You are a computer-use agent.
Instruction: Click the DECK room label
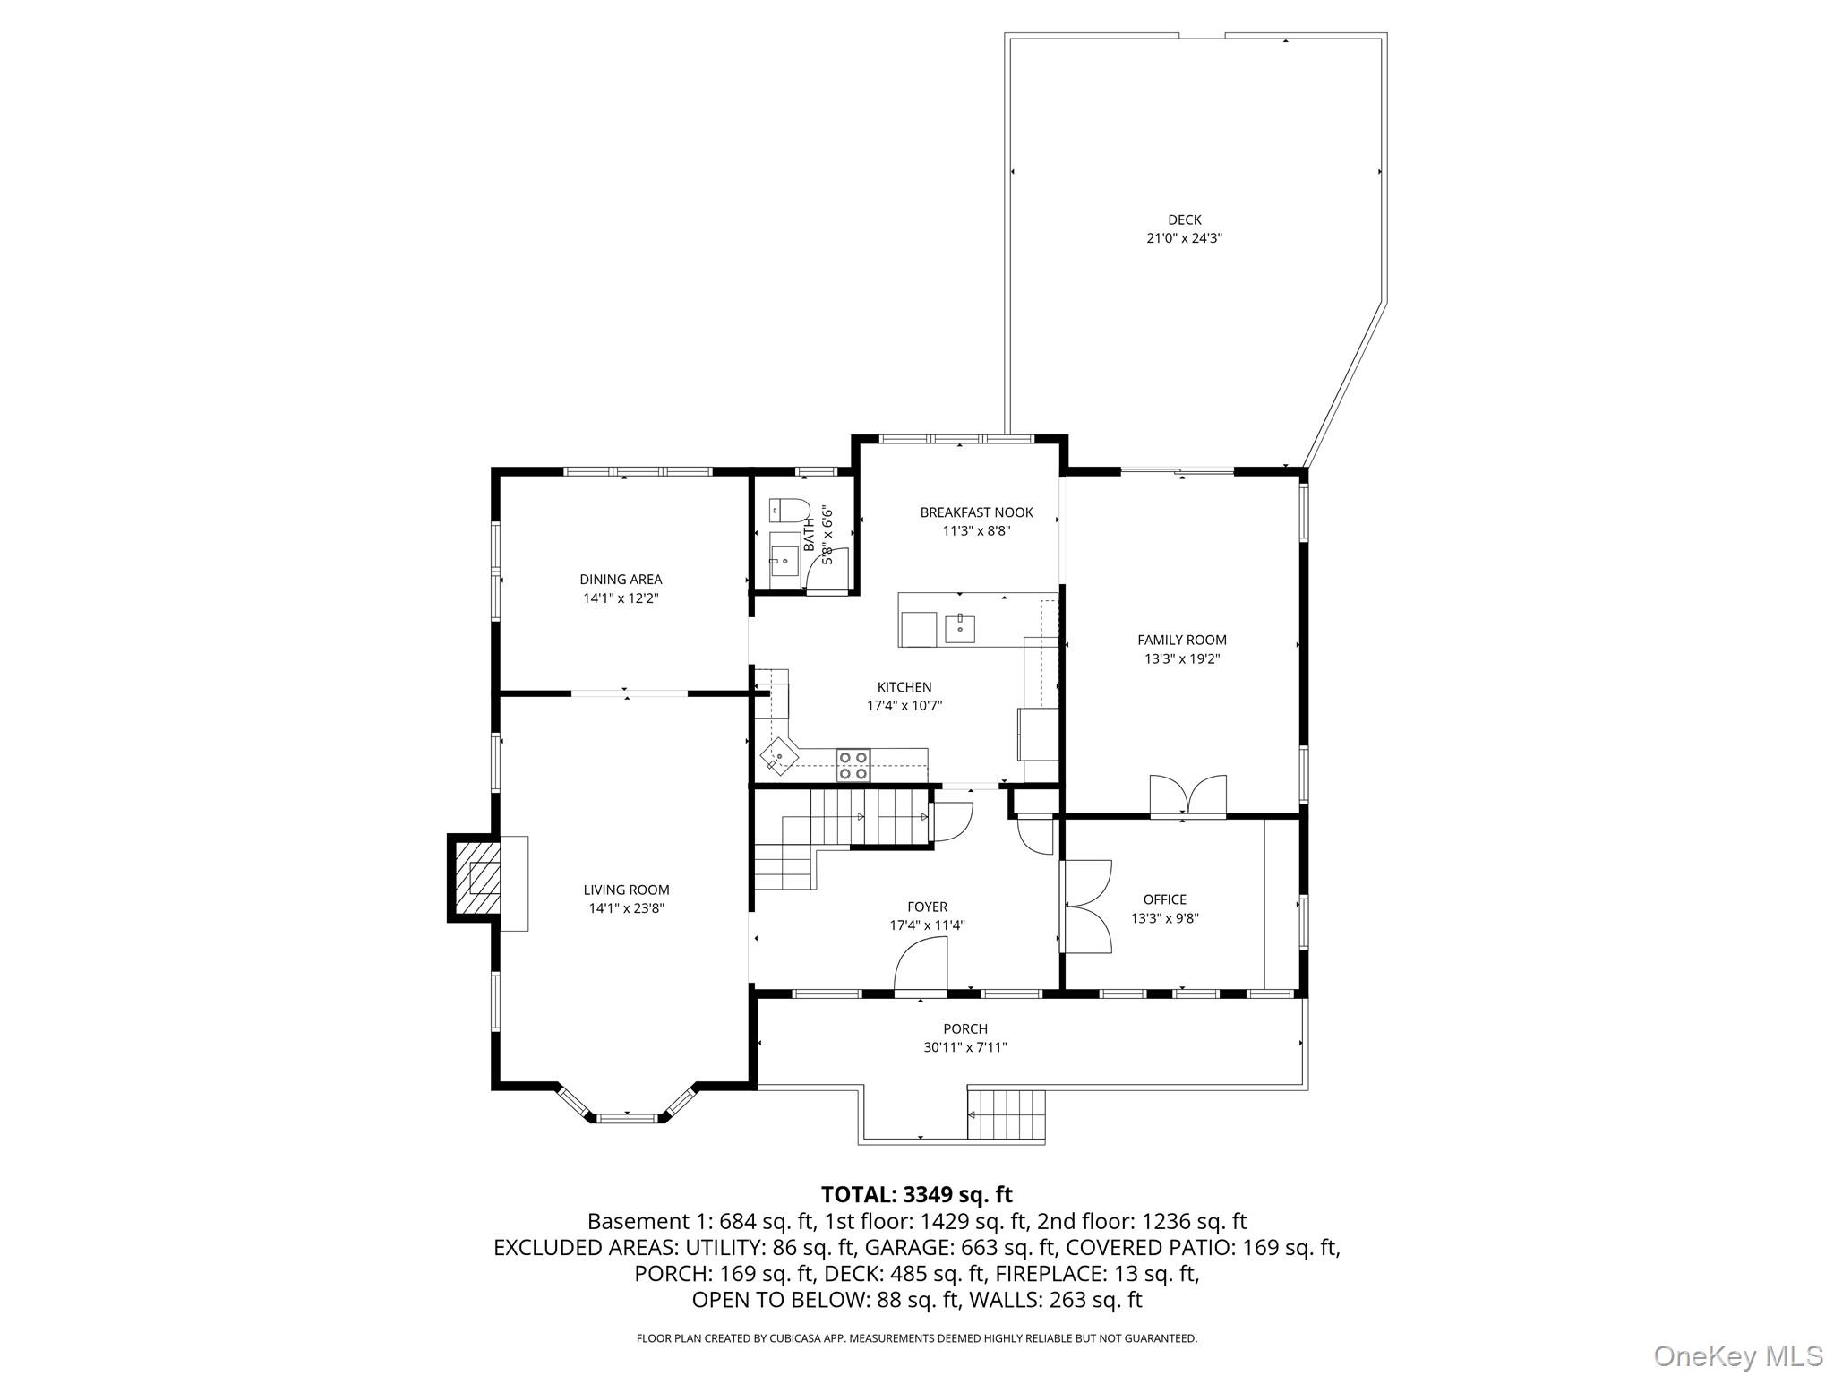(x=1184, y=219)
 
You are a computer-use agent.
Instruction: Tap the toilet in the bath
(x=789, y=511)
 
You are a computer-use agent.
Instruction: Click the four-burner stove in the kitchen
(x=853, y=765)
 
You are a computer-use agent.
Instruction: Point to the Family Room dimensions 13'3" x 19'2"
(x=1182, y=658)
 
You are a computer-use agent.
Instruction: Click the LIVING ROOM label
(x=626, y=890)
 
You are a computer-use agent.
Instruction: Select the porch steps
(x=1007, y=1114)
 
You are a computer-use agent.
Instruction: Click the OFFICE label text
(x=1164, y=899)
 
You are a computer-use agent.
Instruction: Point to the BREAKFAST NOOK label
(x=976, y=512)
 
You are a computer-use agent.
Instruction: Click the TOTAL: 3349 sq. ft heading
(x=916, y=1194)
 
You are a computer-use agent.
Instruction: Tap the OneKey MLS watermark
(x=1737, y=1355)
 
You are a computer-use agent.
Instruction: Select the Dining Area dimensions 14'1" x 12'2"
(x=621, y=598)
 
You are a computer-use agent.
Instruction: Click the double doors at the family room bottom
(x=1187, y=795)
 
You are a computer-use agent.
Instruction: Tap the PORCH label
(x=964, y=1028)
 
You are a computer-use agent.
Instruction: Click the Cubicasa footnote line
(x=916, y=1338)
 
